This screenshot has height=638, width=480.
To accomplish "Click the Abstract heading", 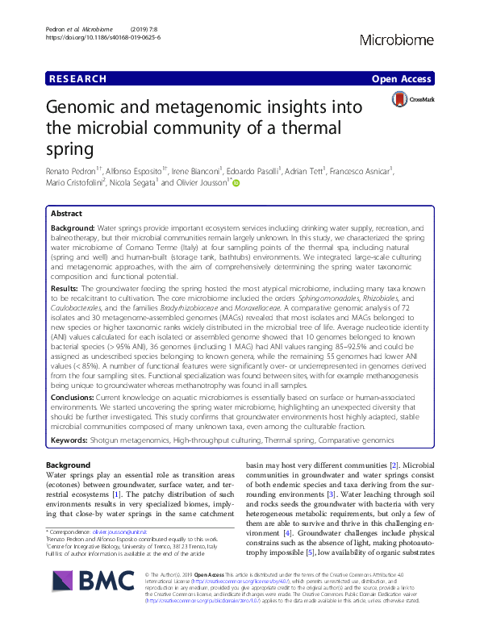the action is tap(66, 215).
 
